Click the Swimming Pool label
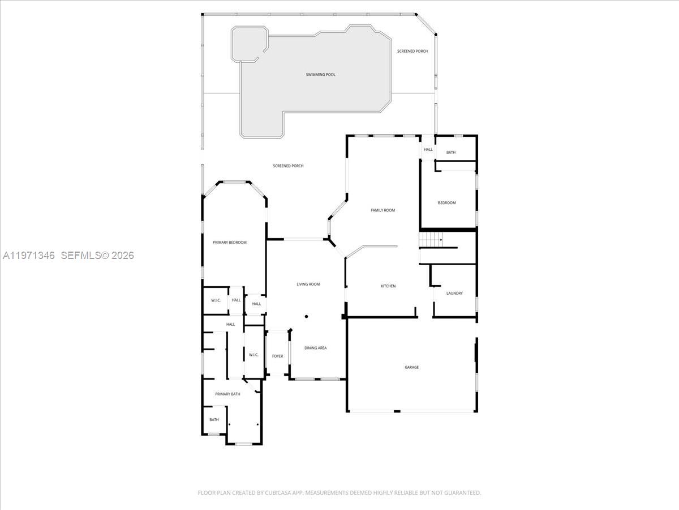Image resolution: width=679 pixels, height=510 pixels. point(321,75)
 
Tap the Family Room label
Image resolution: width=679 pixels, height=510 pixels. point(383,210)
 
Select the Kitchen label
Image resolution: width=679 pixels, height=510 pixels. point(388,286)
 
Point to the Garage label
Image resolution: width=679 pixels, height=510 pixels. point(411,367)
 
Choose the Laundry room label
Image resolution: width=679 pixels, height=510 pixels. point(454,294)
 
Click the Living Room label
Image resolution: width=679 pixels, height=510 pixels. point(308,284)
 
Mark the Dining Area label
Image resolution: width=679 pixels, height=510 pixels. point(315,348)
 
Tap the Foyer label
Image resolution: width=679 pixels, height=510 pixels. point(277,356)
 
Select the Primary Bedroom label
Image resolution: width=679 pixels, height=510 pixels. point(230,243)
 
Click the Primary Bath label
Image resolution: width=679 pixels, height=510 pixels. point(227,394)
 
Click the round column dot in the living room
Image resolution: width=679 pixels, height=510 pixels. point(306,317)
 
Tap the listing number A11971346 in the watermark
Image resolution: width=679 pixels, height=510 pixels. point(29,256)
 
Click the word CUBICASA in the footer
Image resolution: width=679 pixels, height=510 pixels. point(278,493)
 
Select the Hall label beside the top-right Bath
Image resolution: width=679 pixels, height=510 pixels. point(428,150)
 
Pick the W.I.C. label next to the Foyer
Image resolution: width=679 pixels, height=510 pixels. point(253,355)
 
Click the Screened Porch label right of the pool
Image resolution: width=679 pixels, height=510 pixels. point(412,52)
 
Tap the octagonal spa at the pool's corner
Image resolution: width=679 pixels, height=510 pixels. point(250,44)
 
